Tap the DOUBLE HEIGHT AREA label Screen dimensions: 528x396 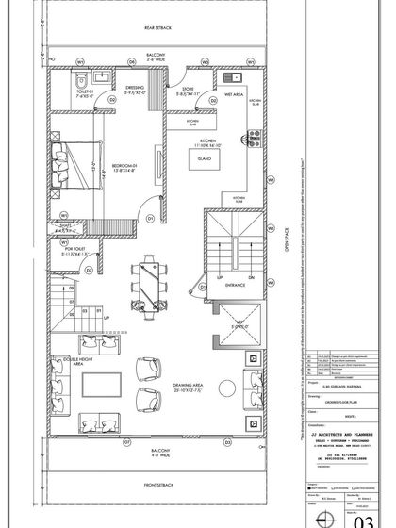[x=66, y=365]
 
